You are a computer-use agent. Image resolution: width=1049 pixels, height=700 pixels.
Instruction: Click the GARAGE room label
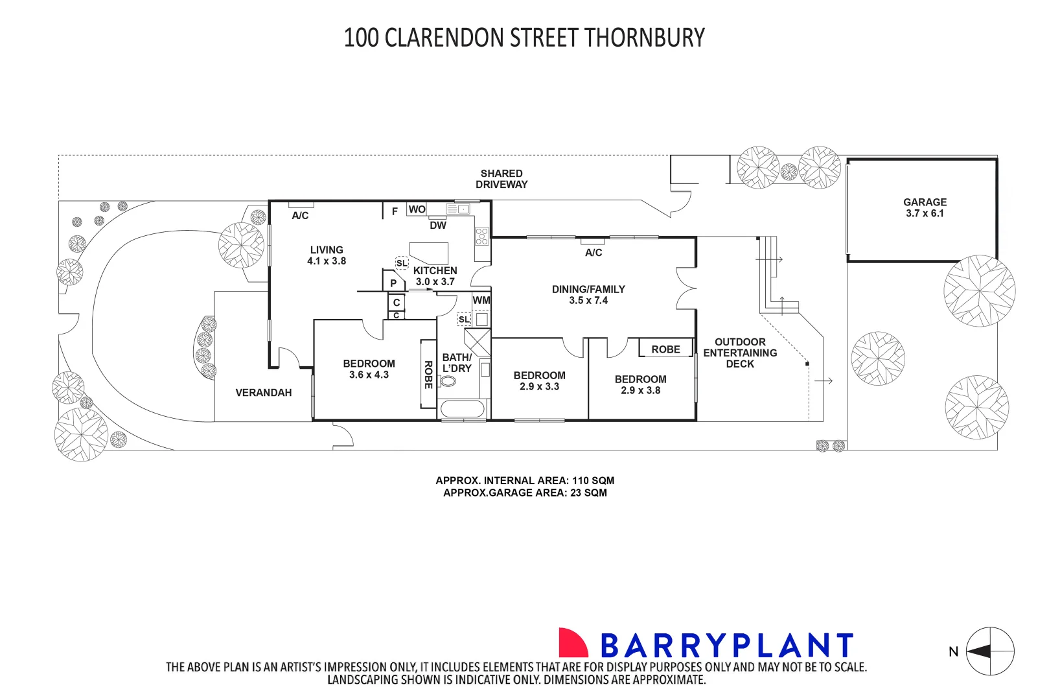pos(925,207)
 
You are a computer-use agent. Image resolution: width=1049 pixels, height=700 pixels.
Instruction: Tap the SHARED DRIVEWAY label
pos(501,179)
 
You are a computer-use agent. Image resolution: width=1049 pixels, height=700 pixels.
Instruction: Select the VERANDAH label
pos(263,393)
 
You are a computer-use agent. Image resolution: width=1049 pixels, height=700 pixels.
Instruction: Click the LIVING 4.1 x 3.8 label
pos(327,255)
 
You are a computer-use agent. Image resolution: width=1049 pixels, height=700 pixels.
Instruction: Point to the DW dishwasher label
pos(438,226)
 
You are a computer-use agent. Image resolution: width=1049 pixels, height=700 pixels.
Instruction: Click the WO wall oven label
pos(417,209)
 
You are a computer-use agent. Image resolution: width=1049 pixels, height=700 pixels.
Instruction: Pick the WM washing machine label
pos(481,301)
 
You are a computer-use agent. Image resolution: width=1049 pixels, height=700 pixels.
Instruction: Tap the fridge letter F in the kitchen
pos(395,212)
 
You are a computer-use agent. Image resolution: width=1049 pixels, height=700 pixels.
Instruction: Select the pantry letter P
pos(393,283)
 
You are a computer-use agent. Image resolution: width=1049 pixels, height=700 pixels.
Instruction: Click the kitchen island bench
pos(430,252)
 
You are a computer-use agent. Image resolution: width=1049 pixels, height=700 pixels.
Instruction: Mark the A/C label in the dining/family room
pos(594,253)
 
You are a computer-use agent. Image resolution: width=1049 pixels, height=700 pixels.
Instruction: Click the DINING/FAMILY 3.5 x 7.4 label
pos(588,295)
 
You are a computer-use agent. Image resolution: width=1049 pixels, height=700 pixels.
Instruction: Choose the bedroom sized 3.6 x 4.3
pos(369,369)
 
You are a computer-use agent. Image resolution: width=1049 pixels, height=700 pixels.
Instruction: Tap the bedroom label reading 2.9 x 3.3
pos(539,381)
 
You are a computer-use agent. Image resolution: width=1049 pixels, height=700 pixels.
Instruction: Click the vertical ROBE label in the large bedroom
pos(428,375)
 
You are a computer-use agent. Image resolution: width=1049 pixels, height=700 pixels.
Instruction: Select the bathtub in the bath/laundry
pos(462,410)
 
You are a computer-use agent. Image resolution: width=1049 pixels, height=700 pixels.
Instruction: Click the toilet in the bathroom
pos(448,381)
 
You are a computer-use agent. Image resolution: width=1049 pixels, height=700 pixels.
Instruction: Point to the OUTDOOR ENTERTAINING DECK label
pos(740,353)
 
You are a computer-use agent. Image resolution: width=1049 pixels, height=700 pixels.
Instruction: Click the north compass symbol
pos(989,651)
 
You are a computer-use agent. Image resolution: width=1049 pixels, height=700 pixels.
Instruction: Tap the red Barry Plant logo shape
pos(572,643)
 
